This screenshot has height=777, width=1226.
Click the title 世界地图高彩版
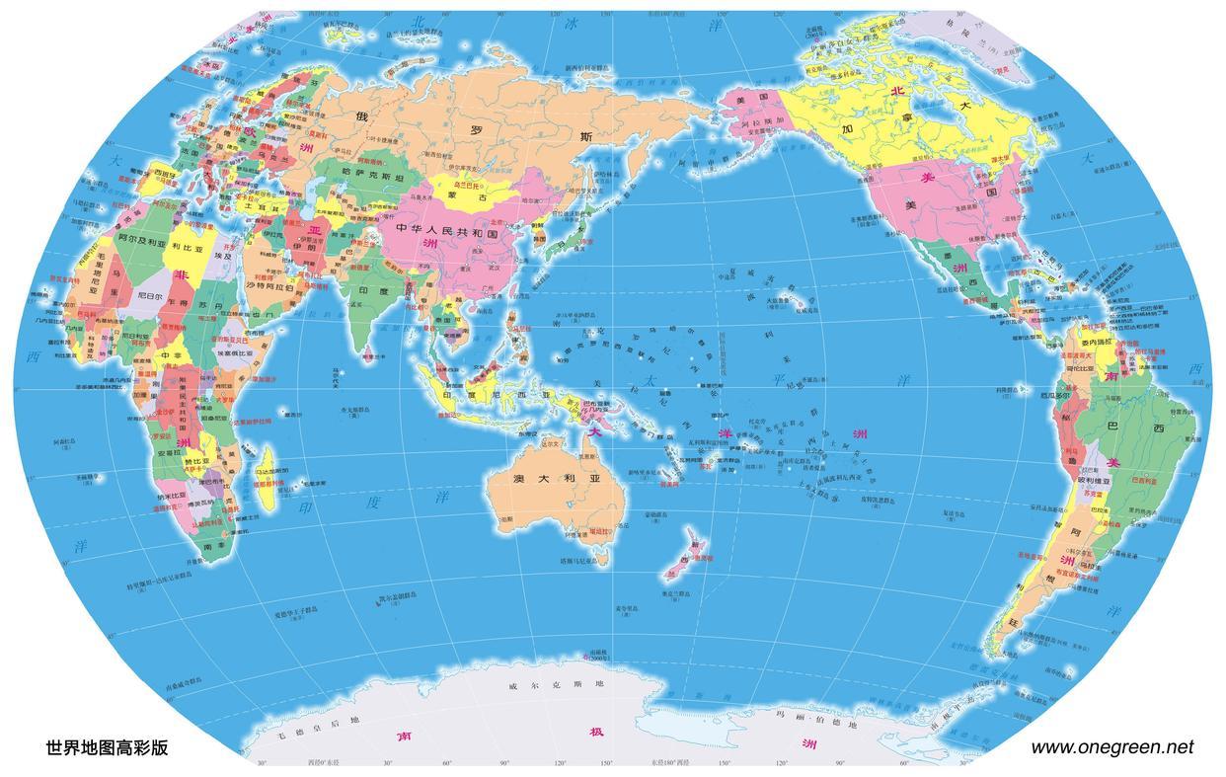[107, 748]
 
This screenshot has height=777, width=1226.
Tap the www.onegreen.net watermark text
[1111, 747]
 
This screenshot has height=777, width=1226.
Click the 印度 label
[374, 291]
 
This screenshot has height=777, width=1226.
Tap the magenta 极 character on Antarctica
[596, 733]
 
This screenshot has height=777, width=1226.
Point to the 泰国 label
[446, 321]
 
